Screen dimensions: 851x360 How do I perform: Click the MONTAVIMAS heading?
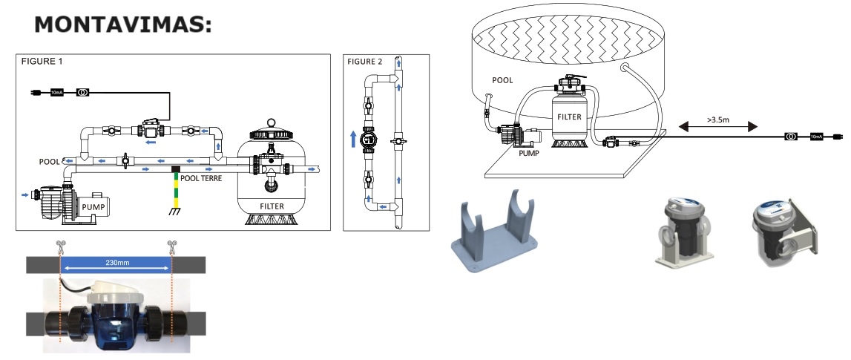click(122, 25)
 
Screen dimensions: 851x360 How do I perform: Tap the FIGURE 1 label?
click(42, 62)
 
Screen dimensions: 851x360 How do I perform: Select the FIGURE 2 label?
click(365, 62)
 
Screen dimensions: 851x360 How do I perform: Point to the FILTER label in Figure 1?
click(272, 206)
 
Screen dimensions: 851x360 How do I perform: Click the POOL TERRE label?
click(201, 178)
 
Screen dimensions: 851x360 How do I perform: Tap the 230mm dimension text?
click(118, 263)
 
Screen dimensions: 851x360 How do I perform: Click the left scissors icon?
click(59, 246)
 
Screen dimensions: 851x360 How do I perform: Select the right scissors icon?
click(172, 246)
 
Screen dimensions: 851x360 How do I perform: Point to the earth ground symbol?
click(175, 212)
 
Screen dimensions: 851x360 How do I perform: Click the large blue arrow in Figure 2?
click(353, 138)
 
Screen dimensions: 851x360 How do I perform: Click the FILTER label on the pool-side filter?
click(569, 117)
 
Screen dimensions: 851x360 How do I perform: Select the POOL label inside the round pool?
click(502, 80)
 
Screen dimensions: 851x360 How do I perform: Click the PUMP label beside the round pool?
click(528, 154)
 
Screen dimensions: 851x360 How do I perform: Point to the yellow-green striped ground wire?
click(175, 189)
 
